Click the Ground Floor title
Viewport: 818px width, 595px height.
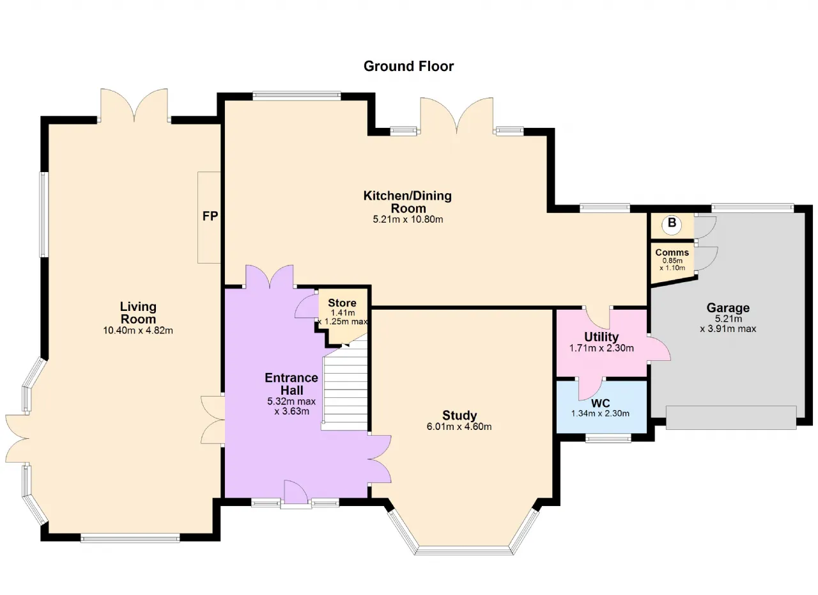[408, 66]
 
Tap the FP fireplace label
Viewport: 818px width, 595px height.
[210, 216]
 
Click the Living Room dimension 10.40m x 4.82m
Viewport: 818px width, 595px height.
[138, 330]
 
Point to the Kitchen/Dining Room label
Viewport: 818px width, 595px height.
[408, 202]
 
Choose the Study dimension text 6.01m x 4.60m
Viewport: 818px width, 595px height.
[459, 427]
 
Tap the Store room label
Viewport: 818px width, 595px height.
[342, 303]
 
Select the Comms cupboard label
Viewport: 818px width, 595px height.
[672, 253]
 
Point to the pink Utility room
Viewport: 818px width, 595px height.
[601, 343]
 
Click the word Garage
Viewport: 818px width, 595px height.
[728, 308]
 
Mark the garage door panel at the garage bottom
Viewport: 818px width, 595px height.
[731, 417]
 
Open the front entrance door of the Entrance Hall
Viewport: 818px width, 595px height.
[296, 493]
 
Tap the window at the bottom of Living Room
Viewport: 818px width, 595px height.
[130, 538]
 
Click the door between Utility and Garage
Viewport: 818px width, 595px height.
[660, 348]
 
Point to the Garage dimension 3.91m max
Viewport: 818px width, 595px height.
[728, 329]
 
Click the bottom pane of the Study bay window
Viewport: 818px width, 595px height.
[462, 550]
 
